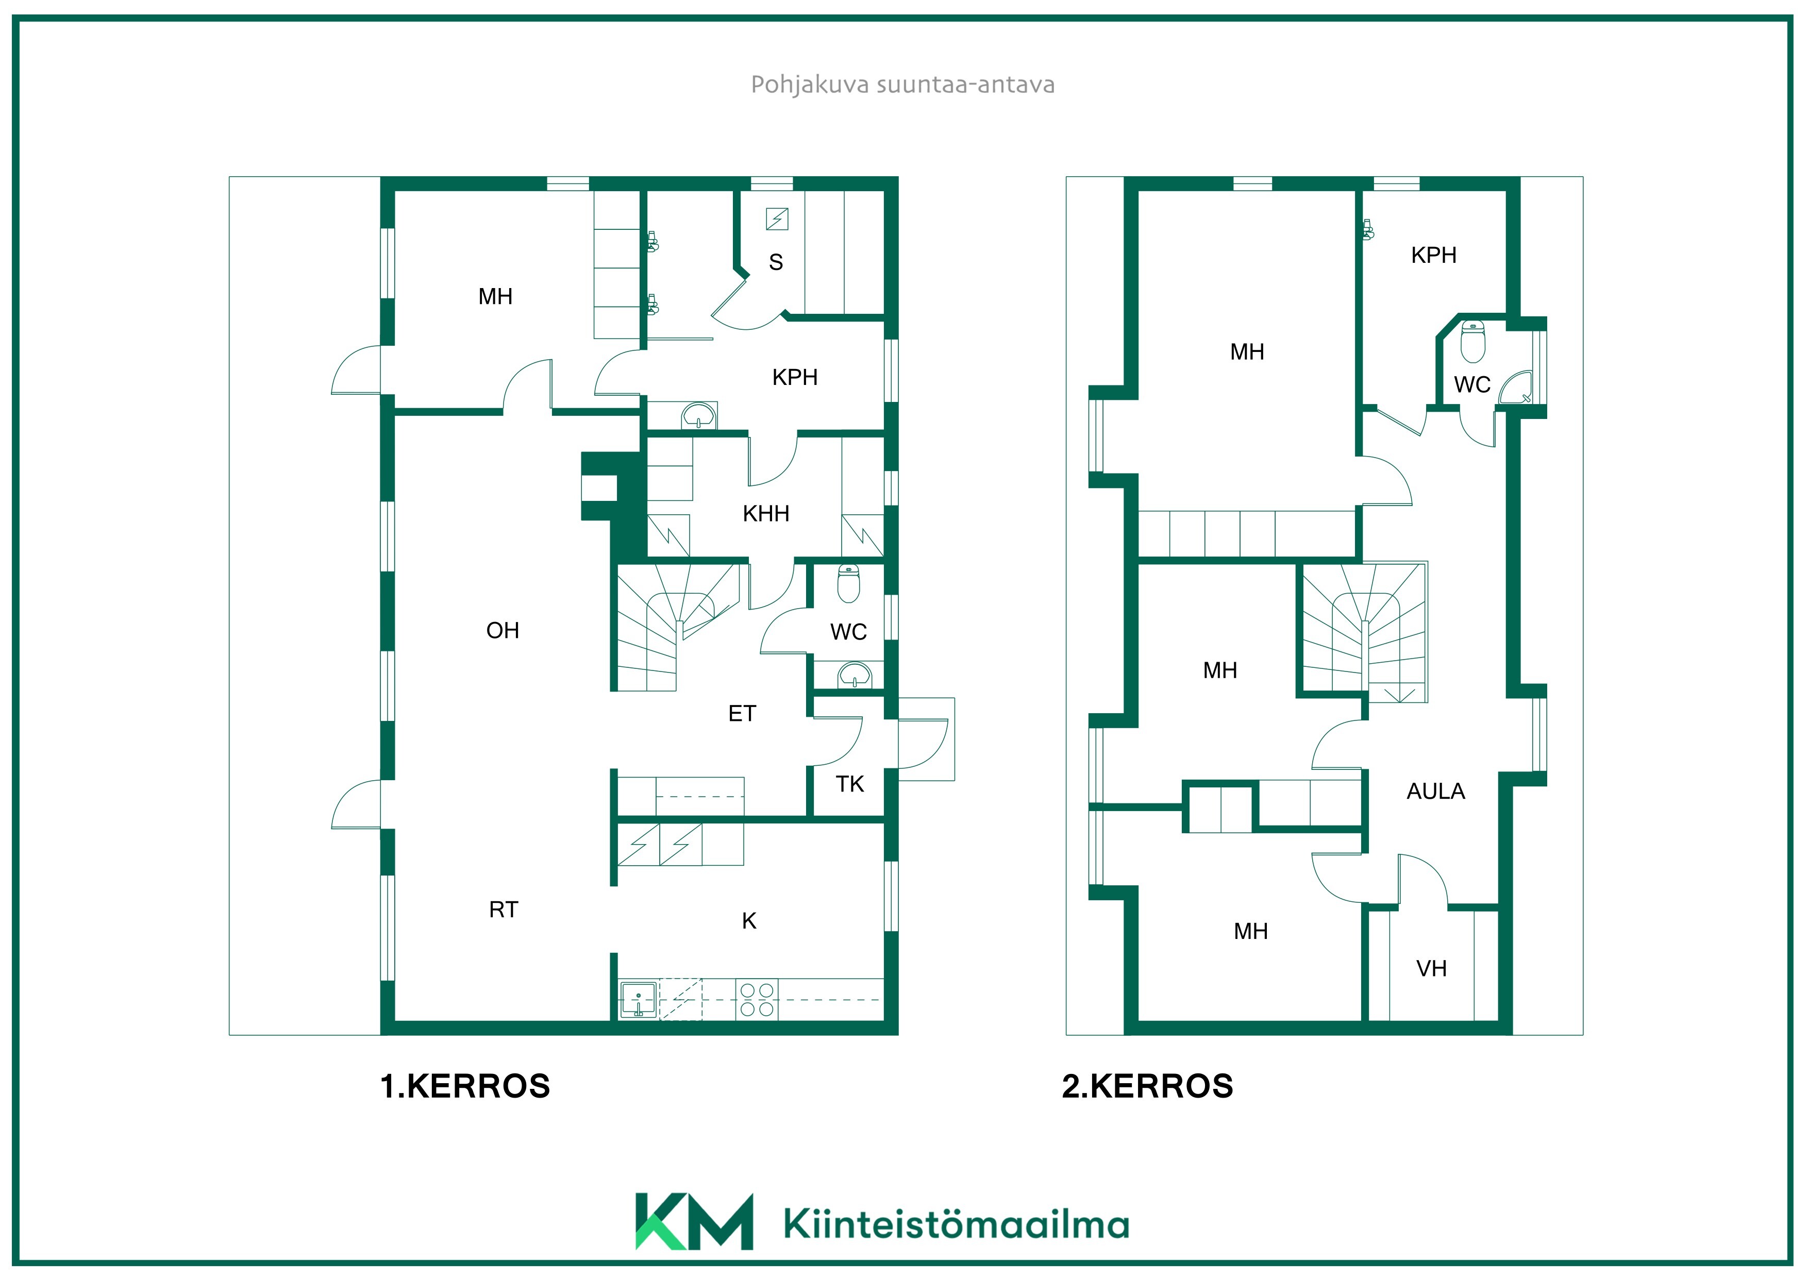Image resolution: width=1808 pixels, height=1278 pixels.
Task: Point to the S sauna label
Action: [776, 262]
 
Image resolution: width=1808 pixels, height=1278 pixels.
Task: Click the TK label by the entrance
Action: [850, 784]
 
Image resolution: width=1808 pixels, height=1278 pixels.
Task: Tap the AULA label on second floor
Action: [1435, 792]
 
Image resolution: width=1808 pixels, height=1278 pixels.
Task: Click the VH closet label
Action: [1432, 968]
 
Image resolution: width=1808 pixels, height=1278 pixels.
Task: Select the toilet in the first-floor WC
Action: [849, 583]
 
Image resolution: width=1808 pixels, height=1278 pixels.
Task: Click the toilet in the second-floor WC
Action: [1474, 341]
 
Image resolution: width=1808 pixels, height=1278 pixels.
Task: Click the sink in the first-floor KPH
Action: [698, 416]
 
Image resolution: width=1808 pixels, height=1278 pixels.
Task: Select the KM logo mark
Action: [694, 1221]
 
